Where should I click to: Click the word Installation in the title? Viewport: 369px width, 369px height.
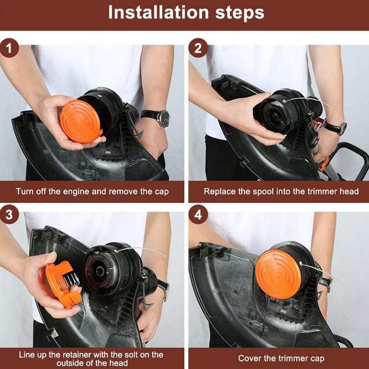tap(158, 12)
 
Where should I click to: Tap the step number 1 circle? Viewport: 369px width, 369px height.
tap(9, 48)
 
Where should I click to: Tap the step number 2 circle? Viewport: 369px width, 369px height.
tap(198, 48)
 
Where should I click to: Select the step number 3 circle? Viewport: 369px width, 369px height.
tap(9, 214)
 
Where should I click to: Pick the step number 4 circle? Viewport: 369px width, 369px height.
tap(198, 214)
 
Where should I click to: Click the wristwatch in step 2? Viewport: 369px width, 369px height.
tap(336, 126)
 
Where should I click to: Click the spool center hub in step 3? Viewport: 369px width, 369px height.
tap(101, 271)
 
